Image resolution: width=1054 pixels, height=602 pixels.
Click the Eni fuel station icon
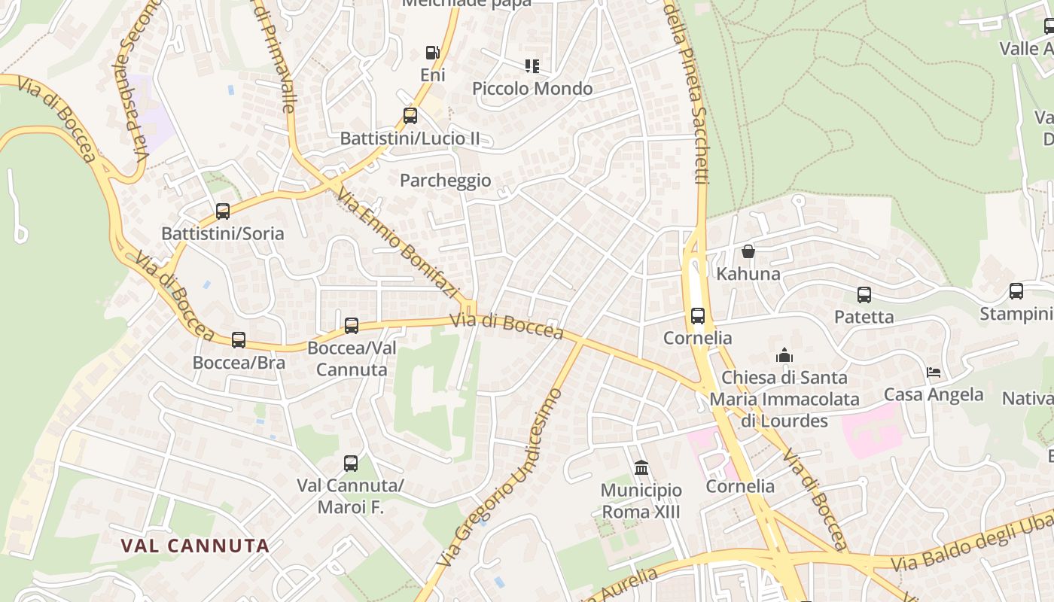coord(432,52)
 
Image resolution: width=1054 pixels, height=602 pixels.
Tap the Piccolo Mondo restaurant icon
coord(532,66)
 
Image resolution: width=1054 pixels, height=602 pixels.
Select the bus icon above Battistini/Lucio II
coord(410,116)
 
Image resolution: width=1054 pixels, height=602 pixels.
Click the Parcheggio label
coord(445,181)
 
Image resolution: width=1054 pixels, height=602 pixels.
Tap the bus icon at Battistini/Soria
coord(223,211)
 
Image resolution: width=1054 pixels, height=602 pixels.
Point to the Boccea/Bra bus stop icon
coord(239,340)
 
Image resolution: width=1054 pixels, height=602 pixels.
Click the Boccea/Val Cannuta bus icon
coord(352,326)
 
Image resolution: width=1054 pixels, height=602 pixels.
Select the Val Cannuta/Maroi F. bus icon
coord(351,464)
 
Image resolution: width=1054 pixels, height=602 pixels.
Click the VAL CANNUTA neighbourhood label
coord(195,546)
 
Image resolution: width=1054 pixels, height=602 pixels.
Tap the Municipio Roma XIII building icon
coord(641,468)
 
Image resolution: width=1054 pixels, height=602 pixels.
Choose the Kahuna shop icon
coord(748,251)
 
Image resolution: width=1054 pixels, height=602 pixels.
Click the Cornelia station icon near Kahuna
coord(698,316)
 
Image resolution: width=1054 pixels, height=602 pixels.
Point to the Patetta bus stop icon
coord(864,295)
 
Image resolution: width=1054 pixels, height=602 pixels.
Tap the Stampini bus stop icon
coord(1016,291)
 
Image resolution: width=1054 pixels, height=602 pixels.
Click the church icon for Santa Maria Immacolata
coord(784,354)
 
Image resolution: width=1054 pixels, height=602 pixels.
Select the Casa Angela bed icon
coord(934,372)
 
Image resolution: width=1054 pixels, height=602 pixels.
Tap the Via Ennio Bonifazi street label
coord(398,242)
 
